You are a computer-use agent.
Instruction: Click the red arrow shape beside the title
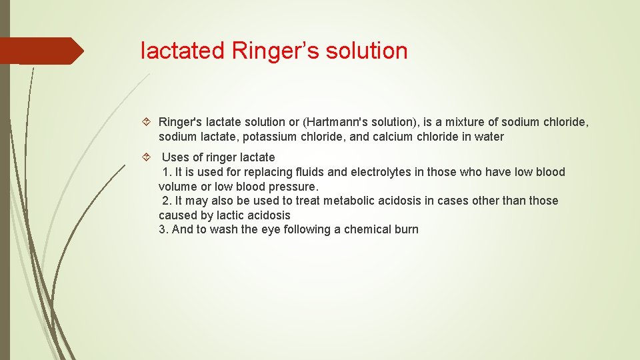(41, 51)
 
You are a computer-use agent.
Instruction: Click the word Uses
(176, 157)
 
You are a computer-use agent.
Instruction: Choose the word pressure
(293, 187)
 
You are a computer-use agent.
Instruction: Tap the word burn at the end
(406, 229)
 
